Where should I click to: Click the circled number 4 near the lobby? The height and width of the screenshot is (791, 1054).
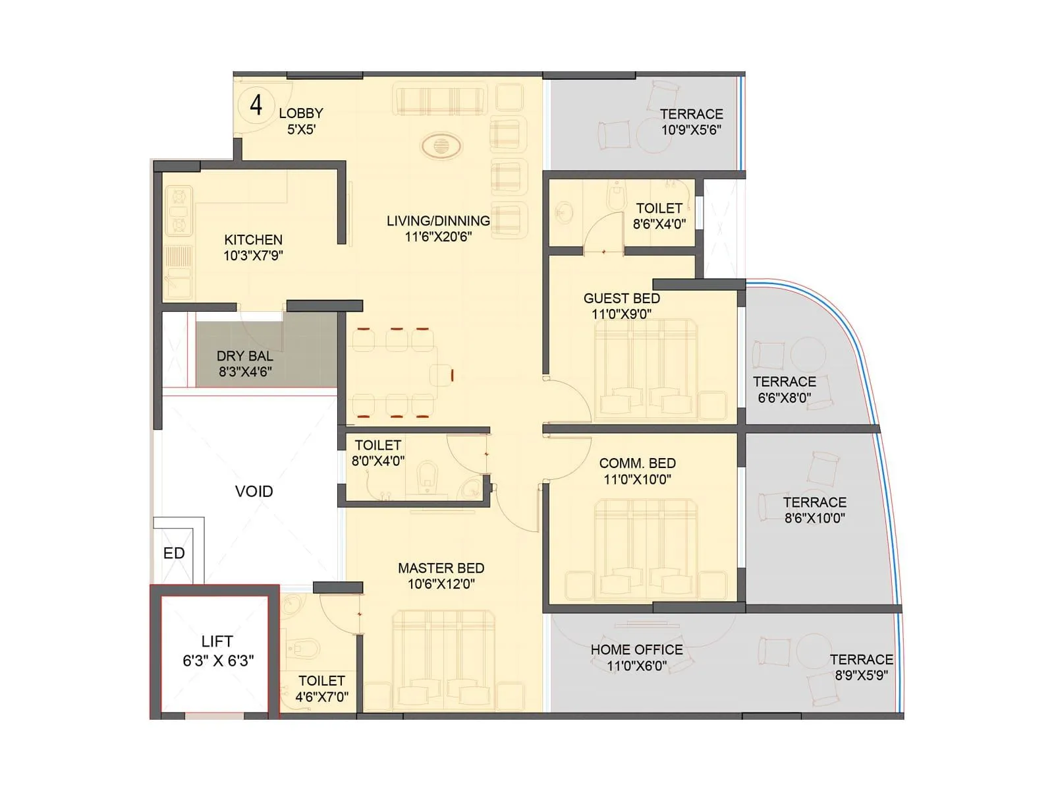[x=256, y=105]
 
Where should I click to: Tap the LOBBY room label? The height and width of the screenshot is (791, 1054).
[x=301, y=113]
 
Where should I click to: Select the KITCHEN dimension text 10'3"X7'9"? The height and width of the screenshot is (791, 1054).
[x=253, y=256]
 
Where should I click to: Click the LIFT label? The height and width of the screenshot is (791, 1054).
[x=217, y=641]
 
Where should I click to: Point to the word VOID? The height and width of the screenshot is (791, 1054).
[x=254, y=492]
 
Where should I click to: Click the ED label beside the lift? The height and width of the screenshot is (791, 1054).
[x=174, y=554]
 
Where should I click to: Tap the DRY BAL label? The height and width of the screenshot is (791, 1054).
[x=244, y=356]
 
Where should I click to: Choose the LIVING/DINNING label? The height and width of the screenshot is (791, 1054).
[x=438, y=221]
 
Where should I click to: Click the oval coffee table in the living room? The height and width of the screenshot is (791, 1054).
[x=441, y=146]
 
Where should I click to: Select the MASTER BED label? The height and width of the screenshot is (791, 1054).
[x=441, y=568]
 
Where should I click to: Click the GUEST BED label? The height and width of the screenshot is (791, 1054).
[x=621, y=299]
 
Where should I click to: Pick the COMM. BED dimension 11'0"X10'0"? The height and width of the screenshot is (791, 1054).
[x=637, y=480]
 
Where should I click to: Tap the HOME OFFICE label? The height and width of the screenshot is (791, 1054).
[x=636, y=650]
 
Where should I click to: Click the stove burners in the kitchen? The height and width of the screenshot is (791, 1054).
[x=179, y=211]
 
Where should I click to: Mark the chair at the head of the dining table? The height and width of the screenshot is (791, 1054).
[x=441, y=375]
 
